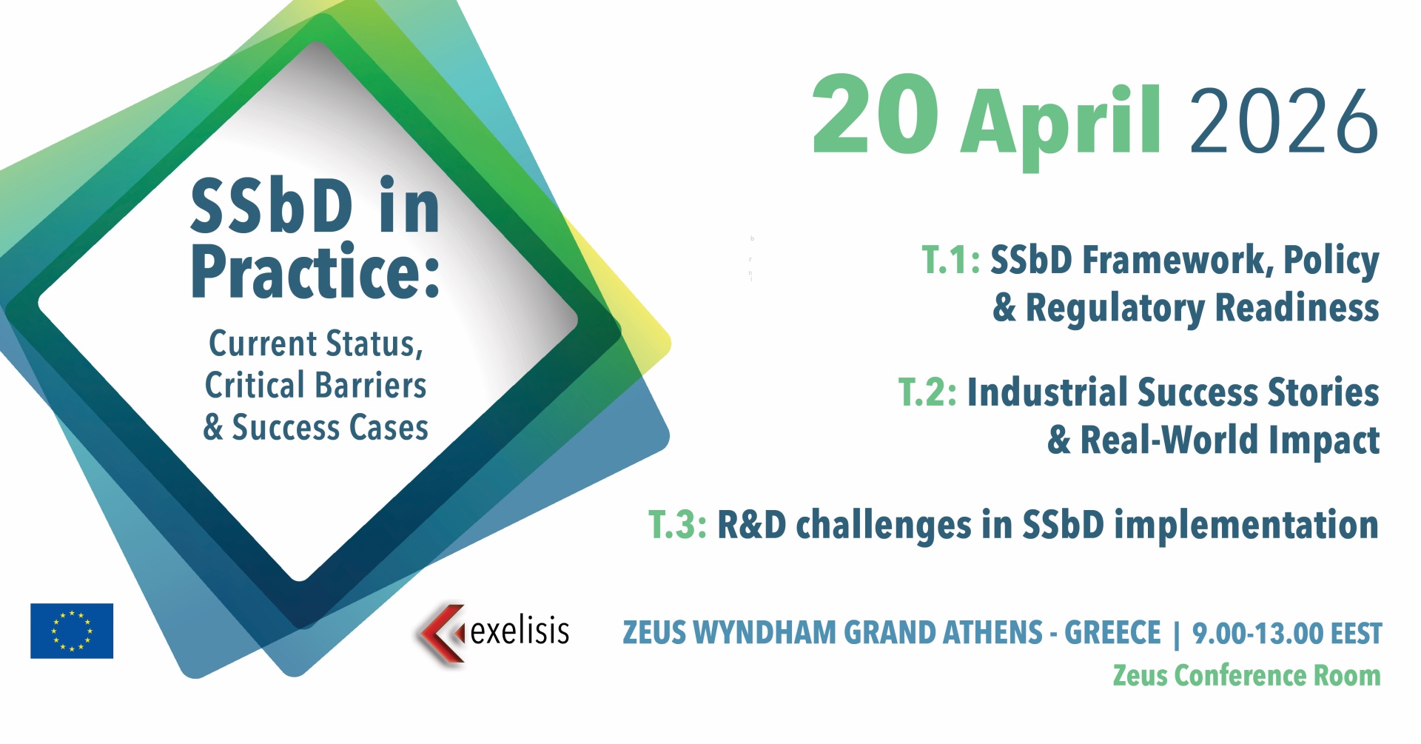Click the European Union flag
pos(72,631)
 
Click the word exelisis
pos(520,631)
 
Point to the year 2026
pos(1284,121)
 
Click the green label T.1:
pos(951,260)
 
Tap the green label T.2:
pos(927,392)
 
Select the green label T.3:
pos(677,524)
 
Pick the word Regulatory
pos(1115,309)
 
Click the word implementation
pos(1246,526)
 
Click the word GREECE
pos(1112,633)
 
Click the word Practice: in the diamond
pos(315,272)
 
